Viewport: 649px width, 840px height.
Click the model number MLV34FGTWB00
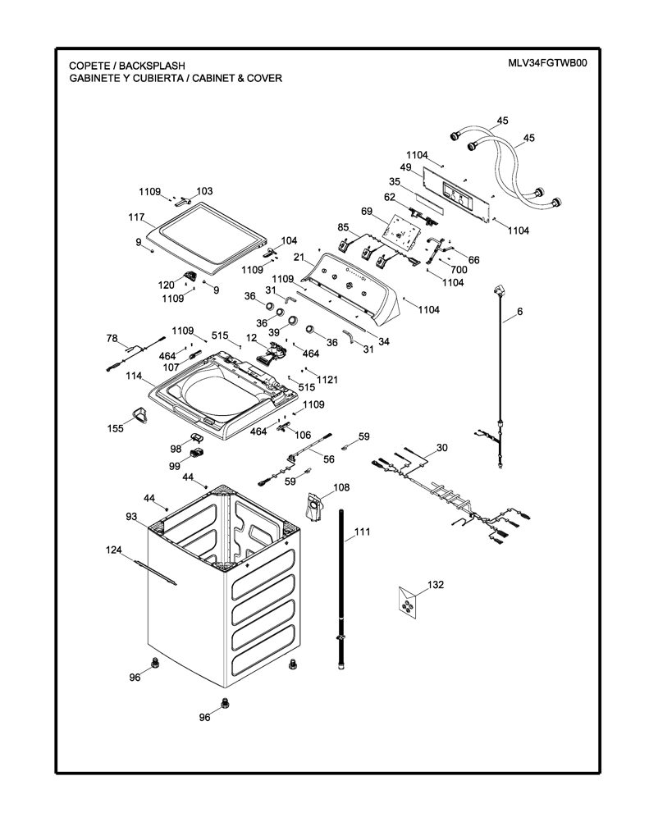point(548,62)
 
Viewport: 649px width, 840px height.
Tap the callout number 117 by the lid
point(136,217)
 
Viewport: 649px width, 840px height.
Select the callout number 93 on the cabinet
point(131,517)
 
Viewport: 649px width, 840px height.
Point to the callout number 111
point(363,532)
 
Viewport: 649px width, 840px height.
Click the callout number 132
point(436,584)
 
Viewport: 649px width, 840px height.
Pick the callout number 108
point(341,487)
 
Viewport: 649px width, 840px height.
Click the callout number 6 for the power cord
point(520,311)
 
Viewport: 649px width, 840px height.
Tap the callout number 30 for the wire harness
point(442,447)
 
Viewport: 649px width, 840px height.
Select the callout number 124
point(113,550)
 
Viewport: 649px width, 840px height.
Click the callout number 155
point(115,428)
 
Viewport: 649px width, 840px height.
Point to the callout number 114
point(134,376)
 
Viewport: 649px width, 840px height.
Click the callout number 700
point(459,269)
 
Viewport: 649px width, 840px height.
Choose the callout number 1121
point(327,380)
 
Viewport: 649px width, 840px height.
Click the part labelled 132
point(409,603)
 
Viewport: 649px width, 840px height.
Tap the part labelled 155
point(139,414)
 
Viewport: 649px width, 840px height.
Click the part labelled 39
point(293,321)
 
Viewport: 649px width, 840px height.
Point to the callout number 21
point(299,258)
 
